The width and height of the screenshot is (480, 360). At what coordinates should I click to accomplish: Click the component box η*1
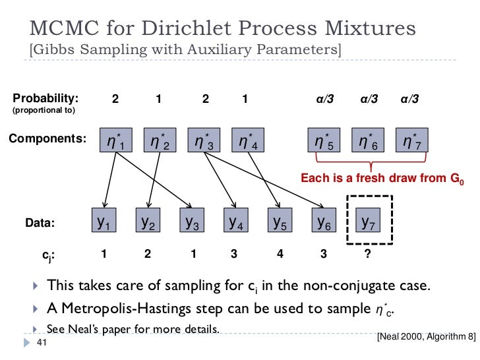[116, 140]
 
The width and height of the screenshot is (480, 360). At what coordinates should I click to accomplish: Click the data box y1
[104, 223]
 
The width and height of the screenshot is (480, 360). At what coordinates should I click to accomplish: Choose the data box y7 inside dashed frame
[369, 223]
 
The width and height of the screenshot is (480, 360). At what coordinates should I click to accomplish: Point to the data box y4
[235, 223]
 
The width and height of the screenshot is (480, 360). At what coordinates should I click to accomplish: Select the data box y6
[324, 223]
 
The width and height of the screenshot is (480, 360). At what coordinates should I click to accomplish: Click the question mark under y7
[367, 253]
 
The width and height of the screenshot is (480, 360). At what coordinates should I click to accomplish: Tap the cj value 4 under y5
[279, 253]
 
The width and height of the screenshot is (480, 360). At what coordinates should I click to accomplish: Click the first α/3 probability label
[324, 100]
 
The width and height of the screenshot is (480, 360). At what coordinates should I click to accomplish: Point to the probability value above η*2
[158, 100]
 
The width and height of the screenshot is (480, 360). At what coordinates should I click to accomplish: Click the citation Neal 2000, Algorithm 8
[425, 336]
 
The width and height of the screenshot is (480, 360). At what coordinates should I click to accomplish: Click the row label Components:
[47, 139]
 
